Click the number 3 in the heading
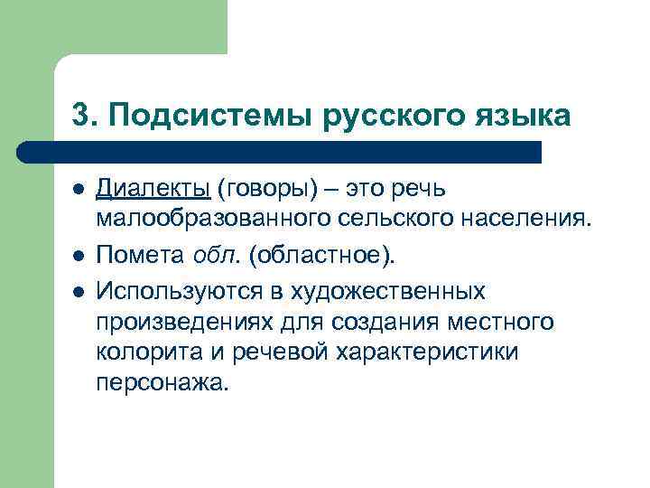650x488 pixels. (x=79, y=117)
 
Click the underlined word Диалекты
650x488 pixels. (x=153, y=189)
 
